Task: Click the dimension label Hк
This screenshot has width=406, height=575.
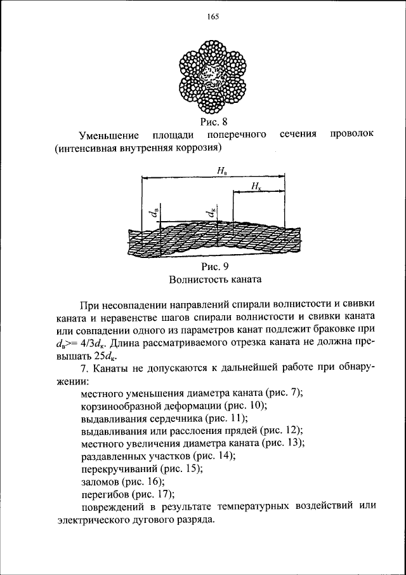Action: click(x=256, y=186)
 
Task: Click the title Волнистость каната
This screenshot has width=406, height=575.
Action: click(x=216, y=280)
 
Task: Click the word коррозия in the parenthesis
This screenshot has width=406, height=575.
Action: click(x=197, y=149)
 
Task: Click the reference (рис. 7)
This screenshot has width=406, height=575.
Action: click(x=284, y=393)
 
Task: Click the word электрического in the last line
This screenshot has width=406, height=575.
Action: click(x=95, y=518)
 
